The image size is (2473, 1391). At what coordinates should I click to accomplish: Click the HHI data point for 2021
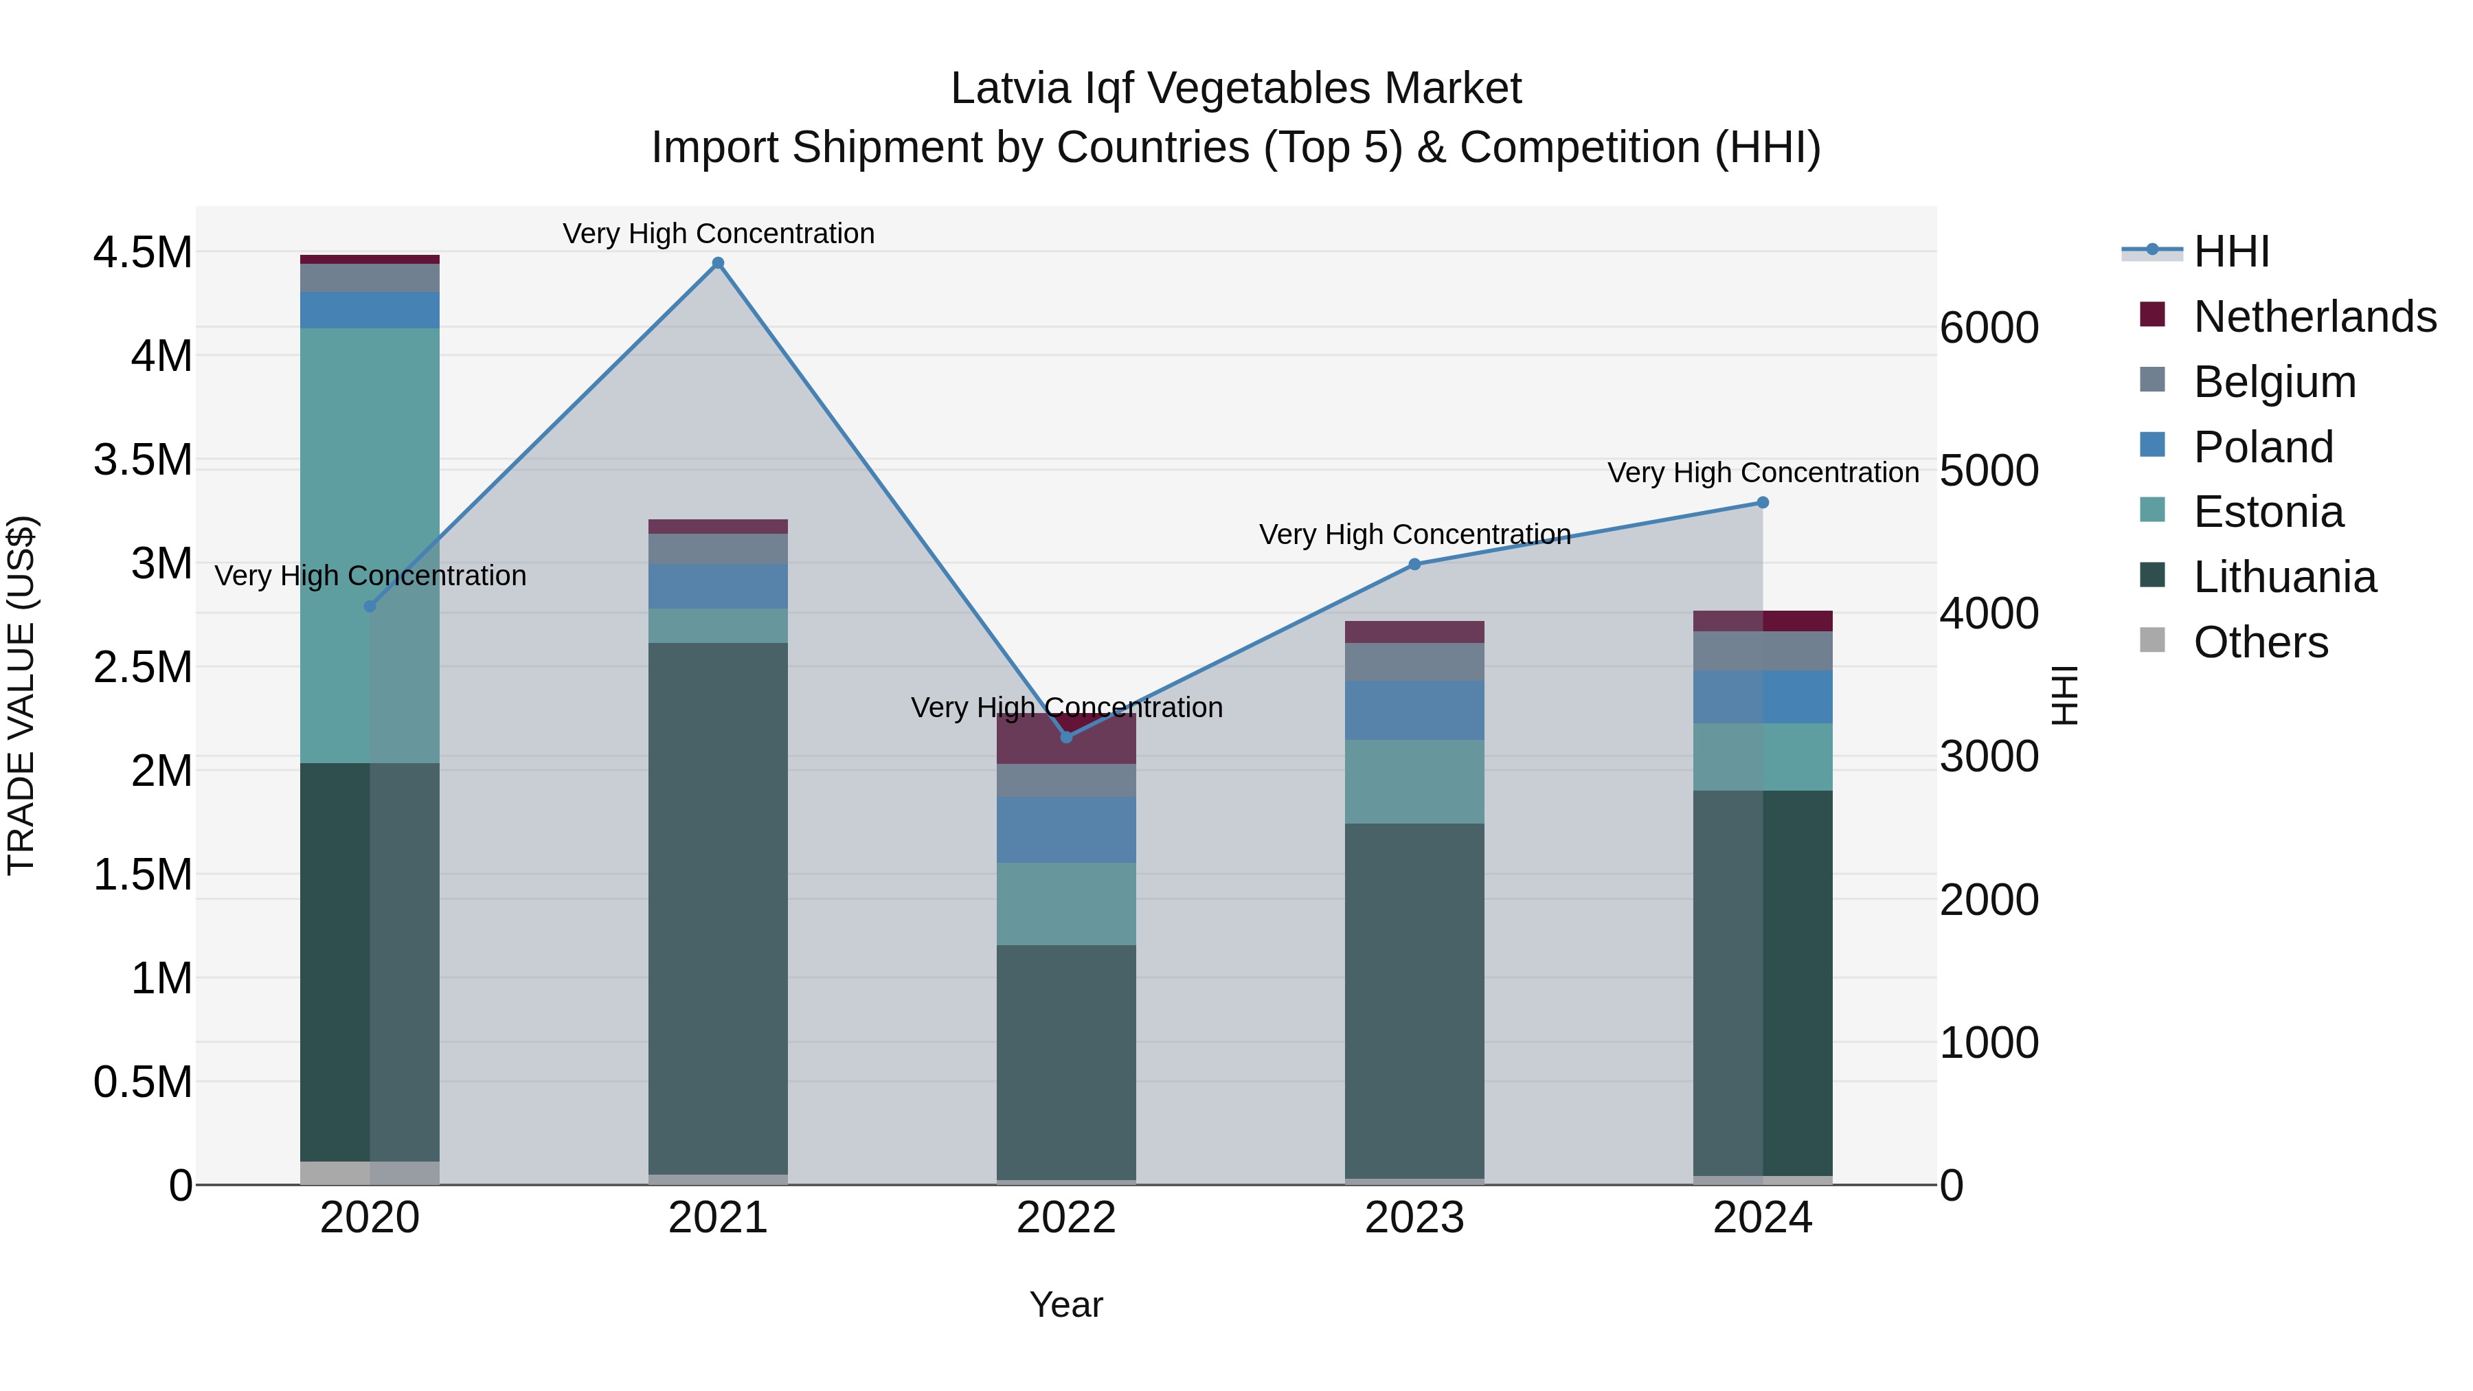[718, 263]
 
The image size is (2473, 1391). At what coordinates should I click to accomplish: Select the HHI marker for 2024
[1763, 503]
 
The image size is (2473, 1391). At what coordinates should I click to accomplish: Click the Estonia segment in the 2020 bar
[370, 545]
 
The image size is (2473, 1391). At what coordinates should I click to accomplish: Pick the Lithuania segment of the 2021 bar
[718, 907]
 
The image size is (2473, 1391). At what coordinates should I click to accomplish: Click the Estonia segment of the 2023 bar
[1414, 782]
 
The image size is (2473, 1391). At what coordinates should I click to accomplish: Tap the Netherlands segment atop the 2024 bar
[1763, 621]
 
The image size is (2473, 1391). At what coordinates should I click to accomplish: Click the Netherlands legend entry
[2314, 317]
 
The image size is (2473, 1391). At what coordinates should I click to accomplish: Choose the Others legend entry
[2260, 642]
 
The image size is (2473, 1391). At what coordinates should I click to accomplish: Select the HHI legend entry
[2231, 251]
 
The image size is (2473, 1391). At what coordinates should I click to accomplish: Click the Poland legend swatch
[2152, 445]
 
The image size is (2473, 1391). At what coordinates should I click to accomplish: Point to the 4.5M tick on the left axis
[142, 253]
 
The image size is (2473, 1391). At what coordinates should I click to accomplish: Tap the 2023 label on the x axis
[1414, 1218]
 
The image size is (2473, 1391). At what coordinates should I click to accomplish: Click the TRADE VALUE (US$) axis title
[21, 695]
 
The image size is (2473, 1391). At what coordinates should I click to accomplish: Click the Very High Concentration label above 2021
[718, 234]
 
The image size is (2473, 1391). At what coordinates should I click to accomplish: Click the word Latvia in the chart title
[1011, 89]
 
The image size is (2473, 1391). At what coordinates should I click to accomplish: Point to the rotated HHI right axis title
[2064, 695]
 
